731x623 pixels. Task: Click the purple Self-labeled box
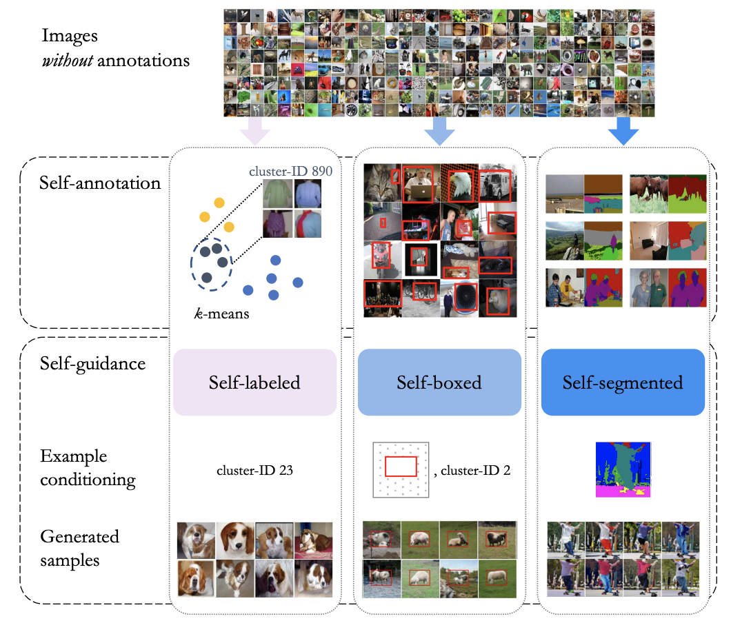coord(254,382)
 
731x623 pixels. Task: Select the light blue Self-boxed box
coord(438,382)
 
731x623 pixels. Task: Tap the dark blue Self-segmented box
coord(622,382)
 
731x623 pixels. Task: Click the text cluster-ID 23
coord(254,471)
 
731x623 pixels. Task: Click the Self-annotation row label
coord(100,183)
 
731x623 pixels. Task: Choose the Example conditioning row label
coord(87,468)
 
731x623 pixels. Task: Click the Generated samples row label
coord(79,547)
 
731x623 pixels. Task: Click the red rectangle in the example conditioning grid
coord(401,467)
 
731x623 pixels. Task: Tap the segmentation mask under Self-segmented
coord(623,469)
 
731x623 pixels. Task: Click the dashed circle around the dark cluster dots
coord(212,261)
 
